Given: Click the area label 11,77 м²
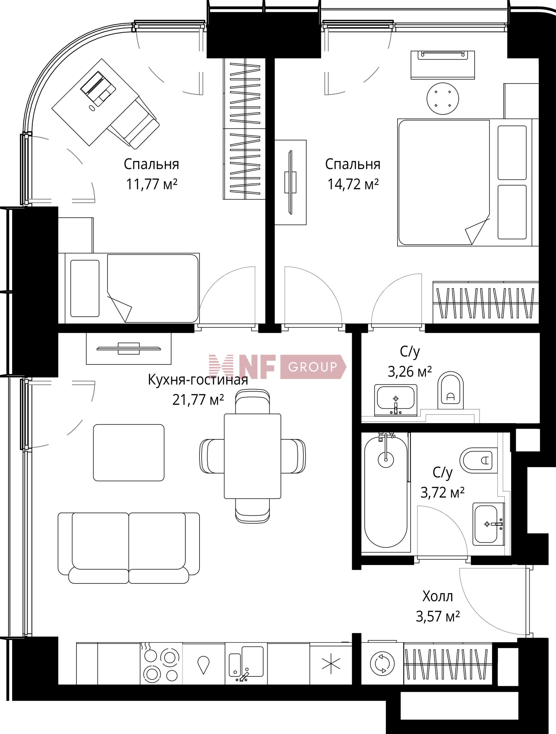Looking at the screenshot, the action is click(151, 184).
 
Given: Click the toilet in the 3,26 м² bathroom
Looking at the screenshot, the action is click(450, 390).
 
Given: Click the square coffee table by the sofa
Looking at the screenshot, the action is click(129, 452).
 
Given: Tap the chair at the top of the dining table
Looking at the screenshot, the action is click(253, 402).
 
